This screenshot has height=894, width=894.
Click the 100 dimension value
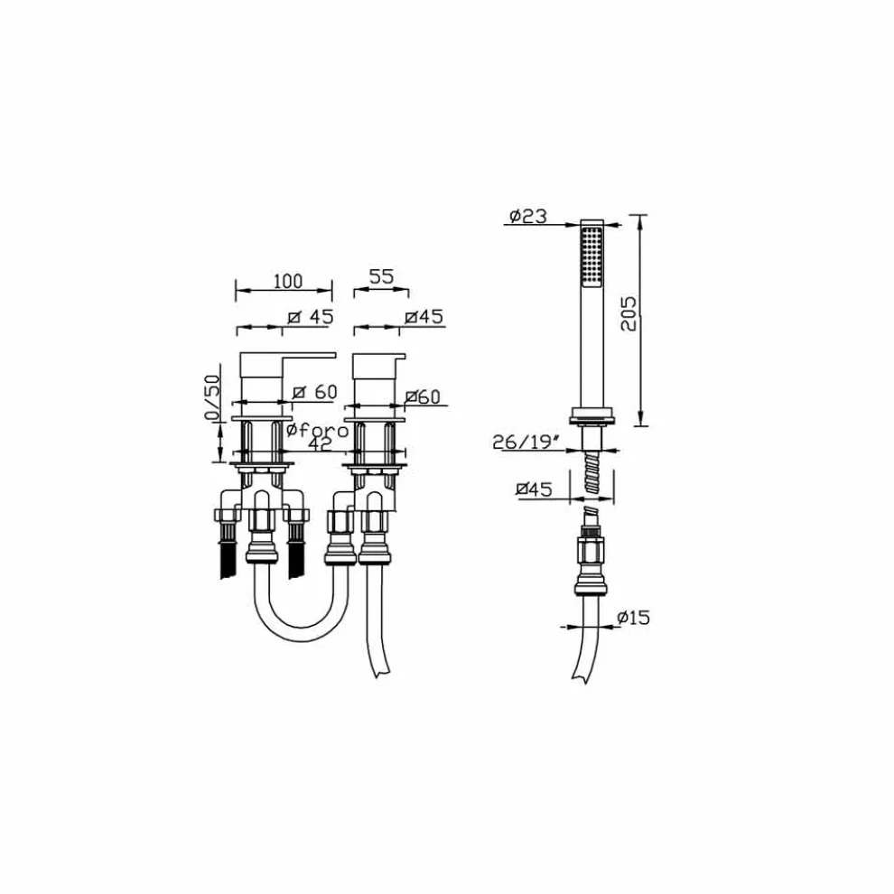287,281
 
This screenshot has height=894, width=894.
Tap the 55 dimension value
381,277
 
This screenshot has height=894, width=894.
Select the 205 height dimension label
631,313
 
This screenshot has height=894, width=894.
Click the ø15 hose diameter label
634,618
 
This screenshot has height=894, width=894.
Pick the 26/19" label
530,442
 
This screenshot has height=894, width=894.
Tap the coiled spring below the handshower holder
591,477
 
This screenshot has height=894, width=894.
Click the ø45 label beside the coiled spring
535,489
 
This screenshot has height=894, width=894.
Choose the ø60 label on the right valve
423,396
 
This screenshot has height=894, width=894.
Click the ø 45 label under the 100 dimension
311,316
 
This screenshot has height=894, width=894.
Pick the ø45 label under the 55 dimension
424,316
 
